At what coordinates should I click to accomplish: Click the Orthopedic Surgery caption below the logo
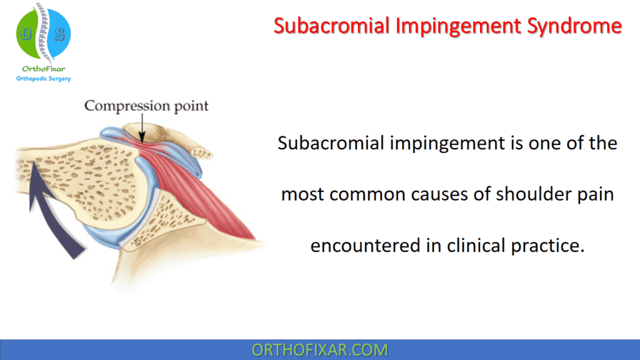point(43,79)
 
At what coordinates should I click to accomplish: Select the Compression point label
point(146,105)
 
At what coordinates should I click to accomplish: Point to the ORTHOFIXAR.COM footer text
point(319,350)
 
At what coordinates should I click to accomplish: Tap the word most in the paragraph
point(302,194)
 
